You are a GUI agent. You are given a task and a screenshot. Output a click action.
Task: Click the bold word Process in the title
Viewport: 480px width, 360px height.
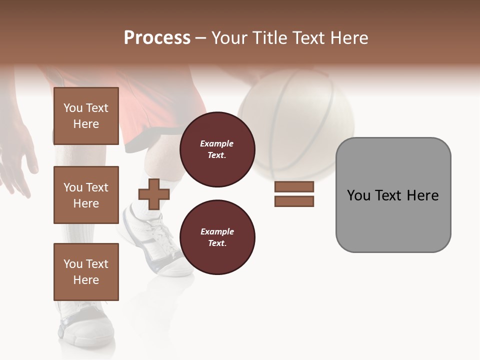tap(157, 38)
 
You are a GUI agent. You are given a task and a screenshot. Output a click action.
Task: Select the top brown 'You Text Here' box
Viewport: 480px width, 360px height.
tap(86, 116)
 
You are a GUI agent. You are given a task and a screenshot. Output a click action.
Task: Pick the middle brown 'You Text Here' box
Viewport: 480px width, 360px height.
tap(86, 195)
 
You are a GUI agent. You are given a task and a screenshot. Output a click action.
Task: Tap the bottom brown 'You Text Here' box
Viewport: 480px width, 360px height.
tap(86, 272)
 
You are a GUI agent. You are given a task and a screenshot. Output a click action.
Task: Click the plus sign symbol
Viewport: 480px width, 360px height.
tap(153, 194)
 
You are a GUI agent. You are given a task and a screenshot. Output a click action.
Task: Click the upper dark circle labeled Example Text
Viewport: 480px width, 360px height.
tap(217, 149)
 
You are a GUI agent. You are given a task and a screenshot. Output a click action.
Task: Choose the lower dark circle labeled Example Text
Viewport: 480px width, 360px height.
tap(217, 237)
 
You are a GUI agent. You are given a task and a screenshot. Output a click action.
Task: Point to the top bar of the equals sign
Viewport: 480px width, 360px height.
tap(294, 186)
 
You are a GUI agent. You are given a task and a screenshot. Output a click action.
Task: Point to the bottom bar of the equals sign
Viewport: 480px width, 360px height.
tap(294, 201)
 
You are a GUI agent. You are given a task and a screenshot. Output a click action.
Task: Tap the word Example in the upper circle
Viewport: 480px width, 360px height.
tap(217, 144)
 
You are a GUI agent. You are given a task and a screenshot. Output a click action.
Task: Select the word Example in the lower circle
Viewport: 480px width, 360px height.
tap(217, 232)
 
